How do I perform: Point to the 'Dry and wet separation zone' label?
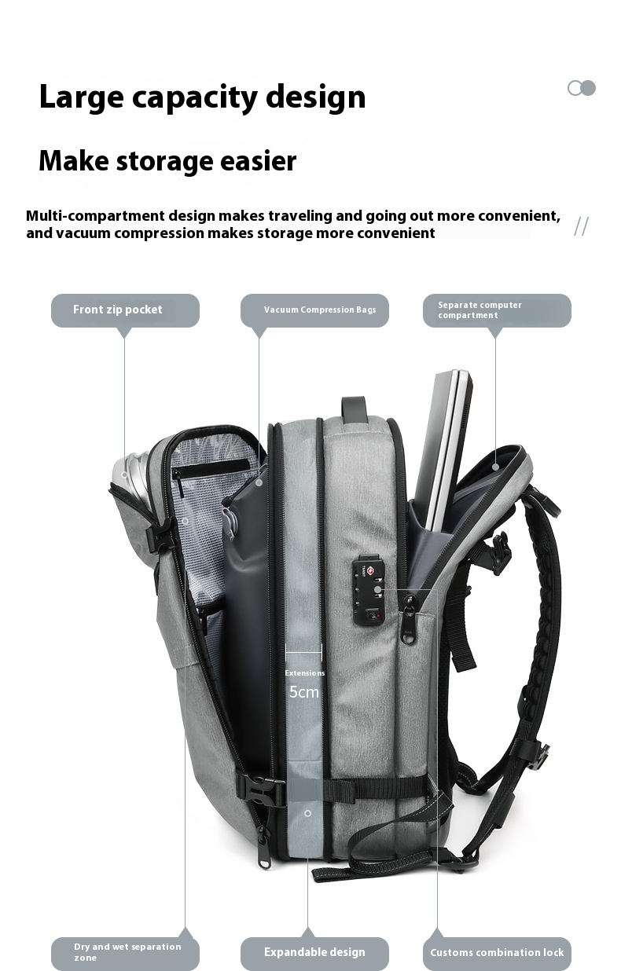pyautogui.click(x=125, y=953)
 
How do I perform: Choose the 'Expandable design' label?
pyautogui.click(x=314, y=953)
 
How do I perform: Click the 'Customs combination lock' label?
pyautogui.click(x=497, y=953)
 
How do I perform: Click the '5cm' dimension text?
pyautogui.click(x=304, y=692)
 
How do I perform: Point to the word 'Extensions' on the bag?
pyautogui.click(x=304, y=673)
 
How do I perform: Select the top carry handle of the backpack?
pyautogui.click(x=355, y=409)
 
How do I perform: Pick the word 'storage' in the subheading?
pyautogui.click(x=183, y=161)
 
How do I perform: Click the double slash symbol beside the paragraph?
pyautogui.click(x=581, y=226)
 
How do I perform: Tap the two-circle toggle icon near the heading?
pyautogui.click(x=582, y=88)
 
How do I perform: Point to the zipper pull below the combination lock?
pyautogui.click(x=409, y=625)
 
